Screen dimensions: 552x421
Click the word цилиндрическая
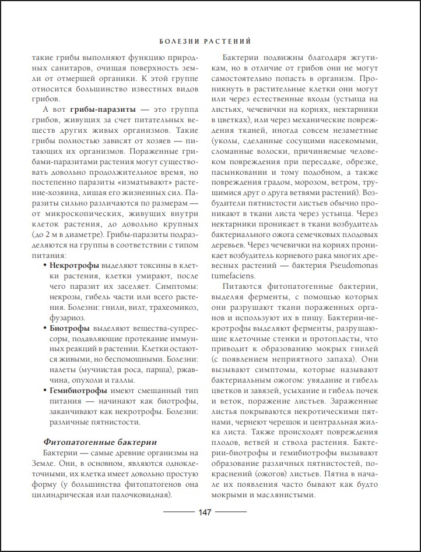pos(73,495)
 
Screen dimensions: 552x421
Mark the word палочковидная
pos(142,495)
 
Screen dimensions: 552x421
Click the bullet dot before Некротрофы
pos(45,265)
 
